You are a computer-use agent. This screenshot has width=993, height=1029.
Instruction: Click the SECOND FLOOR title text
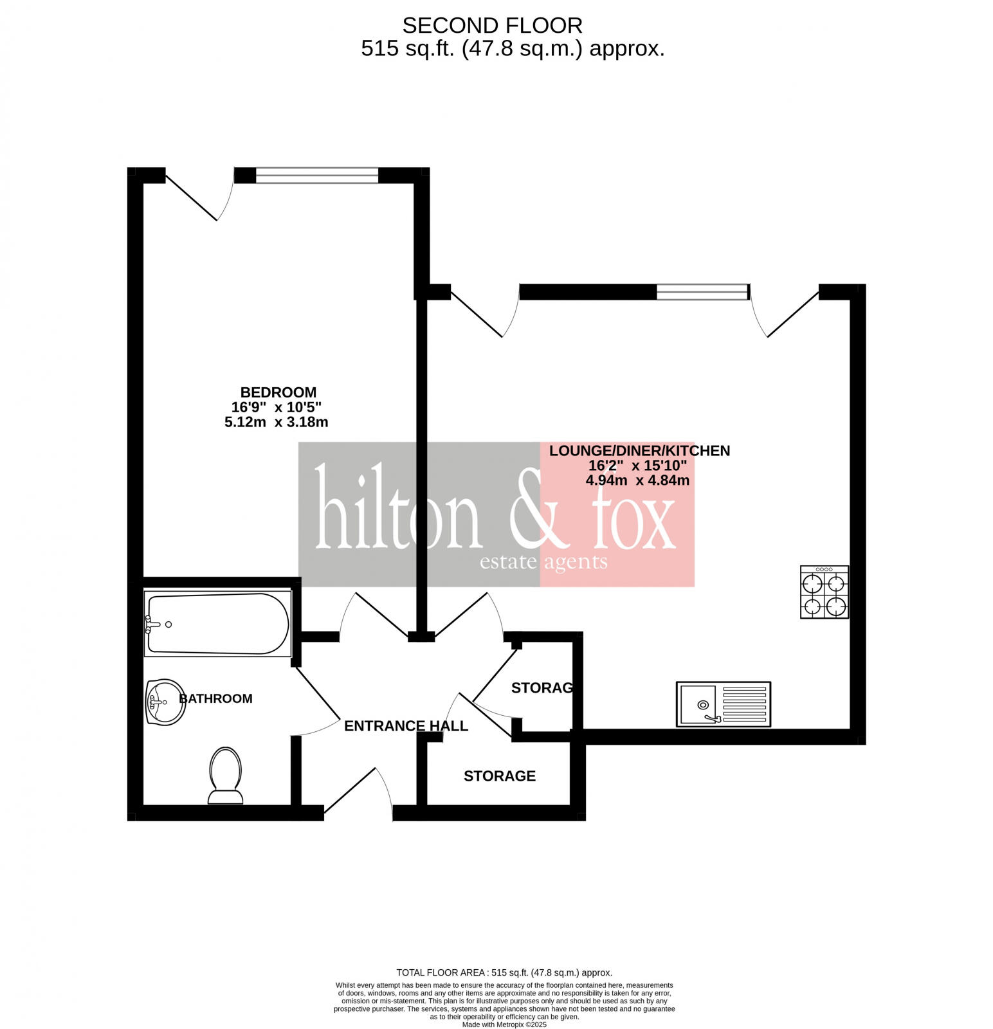pos(492,26)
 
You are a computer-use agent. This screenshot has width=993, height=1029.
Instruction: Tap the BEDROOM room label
pos(278,392)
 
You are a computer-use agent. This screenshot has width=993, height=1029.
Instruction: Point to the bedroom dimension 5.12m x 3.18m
pos(276,423)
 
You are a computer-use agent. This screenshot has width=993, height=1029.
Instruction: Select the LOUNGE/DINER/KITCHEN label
pos(639,451)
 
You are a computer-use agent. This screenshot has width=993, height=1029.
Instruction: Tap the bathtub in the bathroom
pos(218,624)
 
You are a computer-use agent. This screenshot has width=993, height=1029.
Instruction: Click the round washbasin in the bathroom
pos(165,702)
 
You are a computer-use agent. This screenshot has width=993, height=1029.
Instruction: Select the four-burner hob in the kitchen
pos(824,592)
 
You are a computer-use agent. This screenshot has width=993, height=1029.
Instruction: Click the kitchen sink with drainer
pos(723,704)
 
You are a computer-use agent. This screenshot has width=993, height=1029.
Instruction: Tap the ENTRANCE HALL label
pos(406,726)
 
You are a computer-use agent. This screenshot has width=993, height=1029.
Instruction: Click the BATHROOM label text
pos(215,698)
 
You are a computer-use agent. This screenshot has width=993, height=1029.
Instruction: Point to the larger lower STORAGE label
pos(499,776)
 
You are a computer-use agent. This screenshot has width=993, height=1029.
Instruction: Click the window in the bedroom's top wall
pos(316,176)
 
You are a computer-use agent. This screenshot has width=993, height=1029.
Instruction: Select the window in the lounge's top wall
pos(702,292)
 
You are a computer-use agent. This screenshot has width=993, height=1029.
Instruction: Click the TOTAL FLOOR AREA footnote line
pos(504,973)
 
